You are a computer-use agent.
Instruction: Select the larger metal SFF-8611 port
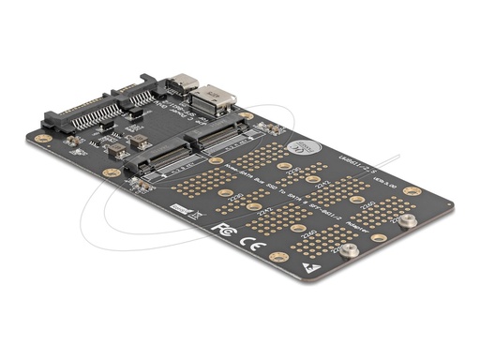212,97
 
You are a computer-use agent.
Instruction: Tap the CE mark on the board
246,235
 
